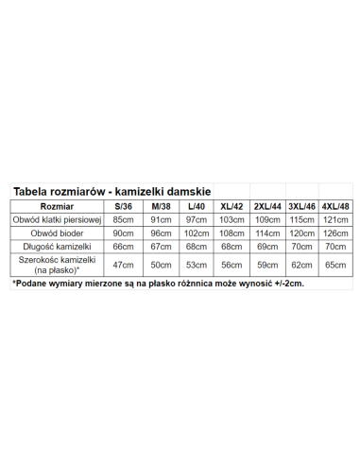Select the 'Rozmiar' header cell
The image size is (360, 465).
[x=55, y=206]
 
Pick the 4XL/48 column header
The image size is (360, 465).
[x=334, y=206]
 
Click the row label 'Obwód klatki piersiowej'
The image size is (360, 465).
[x=55, y=219]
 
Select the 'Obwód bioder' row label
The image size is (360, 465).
[x=55, y=232]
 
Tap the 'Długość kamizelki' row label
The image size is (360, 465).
[x=55, y=246]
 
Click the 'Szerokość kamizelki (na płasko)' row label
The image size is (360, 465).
[x=55, y=264]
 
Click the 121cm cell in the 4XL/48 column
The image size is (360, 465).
[x=334, y=219]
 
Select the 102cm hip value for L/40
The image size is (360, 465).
[x=195, y=232]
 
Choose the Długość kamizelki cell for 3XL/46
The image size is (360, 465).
[x=301, y=246]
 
